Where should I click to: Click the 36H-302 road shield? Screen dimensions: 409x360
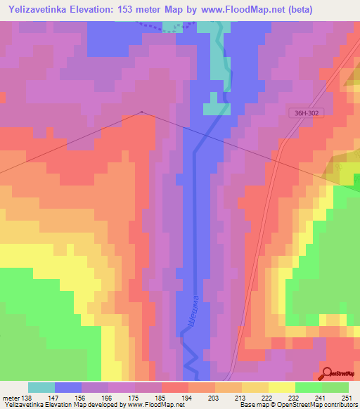point(306,112)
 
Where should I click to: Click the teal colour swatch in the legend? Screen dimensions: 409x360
point(41,387)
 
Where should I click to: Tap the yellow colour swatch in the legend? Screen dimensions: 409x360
point(282,387)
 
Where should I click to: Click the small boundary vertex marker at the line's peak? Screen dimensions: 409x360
point(142,112)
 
